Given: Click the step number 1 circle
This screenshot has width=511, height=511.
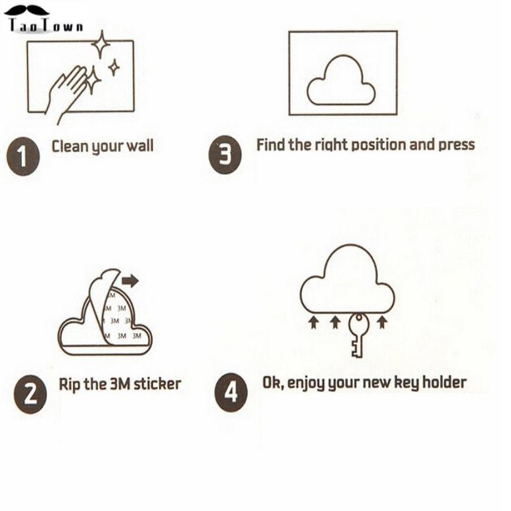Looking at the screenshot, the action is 23,157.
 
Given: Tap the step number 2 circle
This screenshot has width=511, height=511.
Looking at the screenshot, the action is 30,394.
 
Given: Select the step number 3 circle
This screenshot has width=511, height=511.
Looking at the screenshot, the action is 225,154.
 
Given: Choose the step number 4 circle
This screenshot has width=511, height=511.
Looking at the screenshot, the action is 231,392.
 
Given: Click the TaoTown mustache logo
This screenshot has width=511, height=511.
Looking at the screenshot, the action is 44,19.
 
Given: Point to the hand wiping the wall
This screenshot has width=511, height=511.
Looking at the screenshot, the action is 67,93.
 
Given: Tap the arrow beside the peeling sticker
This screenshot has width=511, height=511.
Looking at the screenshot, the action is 130,280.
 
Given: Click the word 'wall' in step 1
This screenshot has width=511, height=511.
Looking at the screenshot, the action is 140,146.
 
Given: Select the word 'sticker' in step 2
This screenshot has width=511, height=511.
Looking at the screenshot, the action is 157,384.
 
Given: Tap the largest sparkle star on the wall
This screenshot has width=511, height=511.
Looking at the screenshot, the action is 101,44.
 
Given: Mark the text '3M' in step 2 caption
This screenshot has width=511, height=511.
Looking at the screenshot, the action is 121,384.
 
